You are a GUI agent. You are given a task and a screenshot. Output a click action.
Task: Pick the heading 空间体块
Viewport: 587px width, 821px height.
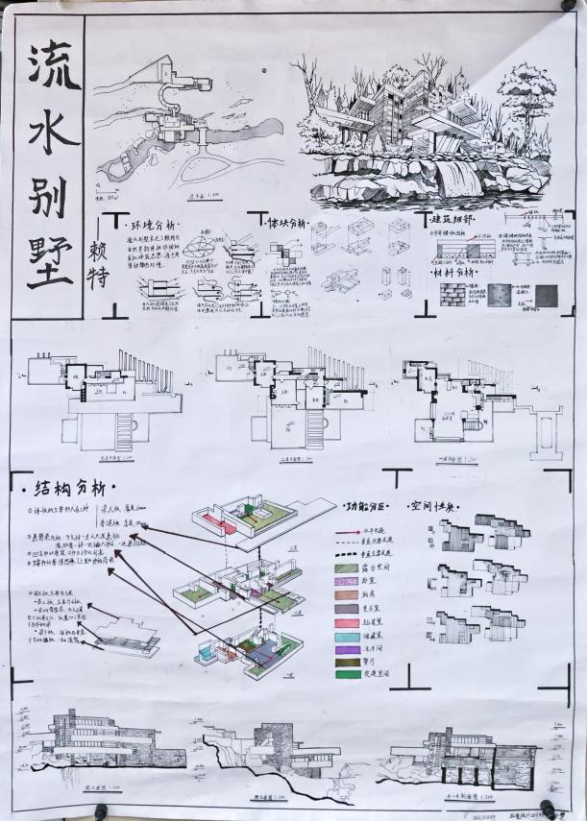click(x=433, y=504)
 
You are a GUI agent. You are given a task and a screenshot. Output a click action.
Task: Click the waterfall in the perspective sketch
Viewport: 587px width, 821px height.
click(x=457, y=179)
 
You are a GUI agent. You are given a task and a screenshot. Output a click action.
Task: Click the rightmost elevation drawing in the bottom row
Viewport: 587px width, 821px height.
click(x=471, y=754)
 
